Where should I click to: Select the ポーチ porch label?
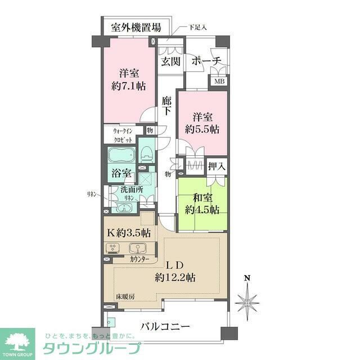[206, 61]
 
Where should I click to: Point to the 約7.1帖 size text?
[129, 87]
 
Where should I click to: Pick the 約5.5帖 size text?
[202, 129]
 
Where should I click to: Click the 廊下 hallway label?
[166, 107]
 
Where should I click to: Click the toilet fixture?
[147, 155]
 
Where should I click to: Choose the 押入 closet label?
[217, 166]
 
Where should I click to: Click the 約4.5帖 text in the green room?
[202, 210]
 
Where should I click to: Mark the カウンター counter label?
[139, 259]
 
